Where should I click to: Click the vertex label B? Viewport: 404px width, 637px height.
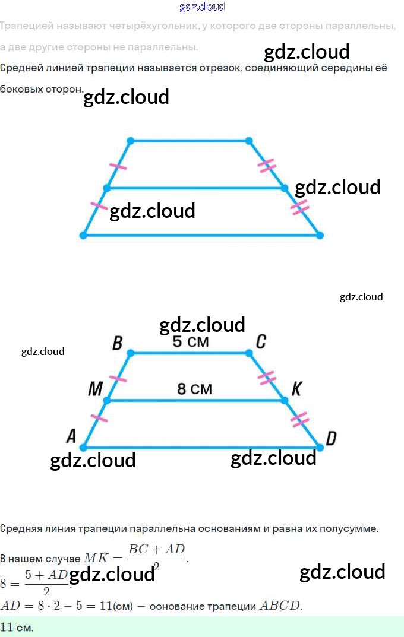(x=117, y=343)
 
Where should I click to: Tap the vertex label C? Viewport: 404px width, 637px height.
(x=260, y=342)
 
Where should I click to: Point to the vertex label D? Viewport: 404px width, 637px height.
(x=331, y=439)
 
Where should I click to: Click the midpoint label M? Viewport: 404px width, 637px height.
(x=95, y=389)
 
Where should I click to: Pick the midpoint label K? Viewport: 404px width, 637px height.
(x=296, y=389)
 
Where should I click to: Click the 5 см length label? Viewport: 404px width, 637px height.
(x=191, y=343)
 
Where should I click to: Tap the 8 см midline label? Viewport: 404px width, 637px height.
(x=194, y=389)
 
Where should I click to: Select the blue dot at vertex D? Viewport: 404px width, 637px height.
(x=320, y=447)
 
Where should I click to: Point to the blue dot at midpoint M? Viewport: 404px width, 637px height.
(x=107, y=401)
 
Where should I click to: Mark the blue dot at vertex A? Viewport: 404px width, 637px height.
(x=83, y=447)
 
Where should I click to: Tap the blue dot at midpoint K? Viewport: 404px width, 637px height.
(x=285, y=401)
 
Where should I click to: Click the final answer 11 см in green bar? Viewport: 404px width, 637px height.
(x=17, y=628)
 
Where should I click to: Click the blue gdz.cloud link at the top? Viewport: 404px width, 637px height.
(x=202, y=7)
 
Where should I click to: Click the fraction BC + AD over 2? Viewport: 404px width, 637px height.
(x=157, y=556)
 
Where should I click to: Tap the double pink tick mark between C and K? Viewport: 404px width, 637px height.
(x=267, y=378)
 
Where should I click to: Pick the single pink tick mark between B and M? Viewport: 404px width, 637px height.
(x=119, y=378)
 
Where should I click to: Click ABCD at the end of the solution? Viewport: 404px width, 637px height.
(x=280, y=606)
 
